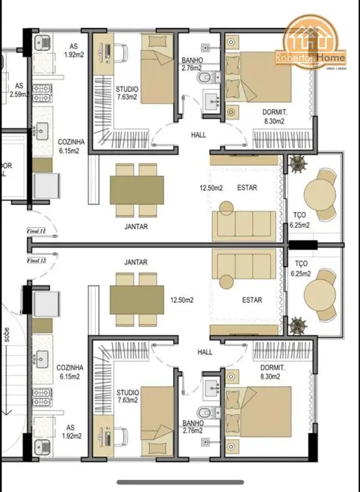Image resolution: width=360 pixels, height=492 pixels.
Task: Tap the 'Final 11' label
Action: click(x=36, y=230)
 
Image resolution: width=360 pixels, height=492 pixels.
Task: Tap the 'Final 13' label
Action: click(x=36, y=260)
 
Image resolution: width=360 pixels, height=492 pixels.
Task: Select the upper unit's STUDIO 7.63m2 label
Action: click(x=127, y=93)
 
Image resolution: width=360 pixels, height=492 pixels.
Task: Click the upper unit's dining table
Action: click(x=137, y=188)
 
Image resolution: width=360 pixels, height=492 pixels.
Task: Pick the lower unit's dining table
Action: click(x=137, y=297)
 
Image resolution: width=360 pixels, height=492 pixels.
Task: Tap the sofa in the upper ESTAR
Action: click(x=237, y=225)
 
